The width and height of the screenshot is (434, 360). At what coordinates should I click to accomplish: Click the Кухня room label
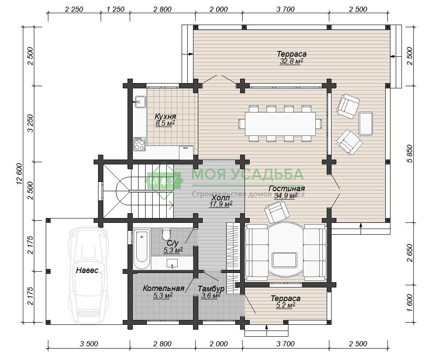[165, 116]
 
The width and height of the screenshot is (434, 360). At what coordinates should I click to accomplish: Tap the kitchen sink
[140, 102]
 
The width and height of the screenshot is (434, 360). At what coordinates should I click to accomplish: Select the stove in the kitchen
[139, 144]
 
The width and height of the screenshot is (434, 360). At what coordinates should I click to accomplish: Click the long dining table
[281, 124]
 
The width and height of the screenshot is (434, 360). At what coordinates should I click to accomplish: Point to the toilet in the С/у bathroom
[167, 235]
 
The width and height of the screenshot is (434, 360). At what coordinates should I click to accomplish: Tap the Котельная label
[164, 288]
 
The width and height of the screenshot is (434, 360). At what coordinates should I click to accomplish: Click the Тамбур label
[211, 289]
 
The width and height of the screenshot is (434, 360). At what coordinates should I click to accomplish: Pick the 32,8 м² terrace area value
[292, 62]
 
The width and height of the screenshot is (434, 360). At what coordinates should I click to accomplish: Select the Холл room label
[220, 198]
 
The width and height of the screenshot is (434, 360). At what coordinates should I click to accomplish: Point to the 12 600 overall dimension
[20, 175]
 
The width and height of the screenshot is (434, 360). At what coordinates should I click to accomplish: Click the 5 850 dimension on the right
[410, 153]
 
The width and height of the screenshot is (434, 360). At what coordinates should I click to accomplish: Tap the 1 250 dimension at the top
[115, 9]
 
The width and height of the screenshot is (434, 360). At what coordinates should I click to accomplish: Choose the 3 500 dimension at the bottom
[89, 344]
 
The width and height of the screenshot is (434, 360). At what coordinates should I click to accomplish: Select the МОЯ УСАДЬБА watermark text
[248, 174]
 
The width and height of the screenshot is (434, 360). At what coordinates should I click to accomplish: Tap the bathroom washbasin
[172, 263]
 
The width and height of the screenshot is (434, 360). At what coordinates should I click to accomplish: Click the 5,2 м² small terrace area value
[285, 305]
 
